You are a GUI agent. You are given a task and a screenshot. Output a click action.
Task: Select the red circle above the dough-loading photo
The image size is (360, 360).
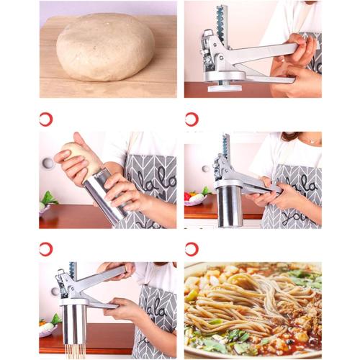pos(46,119)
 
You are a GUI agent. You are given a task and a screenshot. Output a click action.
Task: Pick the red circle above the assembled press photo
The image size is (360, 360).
pos(192,119)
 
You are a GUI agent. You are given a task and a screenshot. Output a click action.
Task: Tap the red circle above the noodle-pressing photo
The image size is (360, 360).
pos(46,249)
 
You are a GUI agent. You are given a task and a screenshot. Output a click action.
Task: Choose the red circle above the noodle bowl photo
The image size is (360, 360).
pos(192,249)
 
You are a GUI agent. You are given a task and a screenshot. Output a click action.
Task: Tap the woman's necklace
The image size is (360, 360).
pos(310,142)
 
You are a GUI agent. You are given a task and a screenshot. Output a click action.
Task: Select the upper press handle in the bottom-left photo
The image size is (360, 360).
pos(101,278)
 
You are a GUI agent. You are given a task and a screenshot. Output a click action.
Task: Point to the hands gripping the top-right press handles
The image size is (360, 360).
pos(299,61)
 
